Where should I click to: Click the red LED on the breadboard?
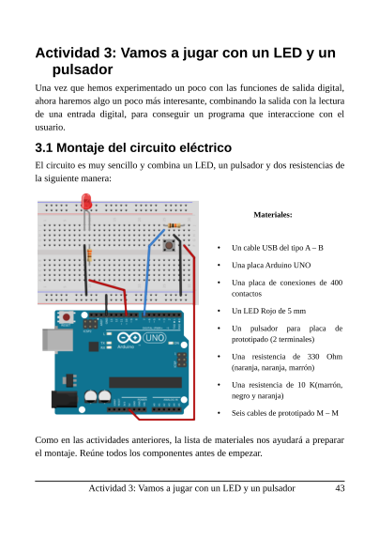(85, 204)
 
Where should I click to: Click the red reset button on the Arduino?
(66, 319)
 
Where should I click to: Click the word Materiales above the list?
(273, 215)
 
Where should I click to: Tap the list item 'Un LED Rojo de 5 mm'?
(266, 311)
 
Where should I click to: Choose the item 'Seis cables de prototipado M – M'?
(284, 413)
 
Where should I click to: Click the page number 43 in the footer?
(340, 488)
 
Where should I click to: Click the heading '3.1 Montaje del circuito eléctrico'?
(132, 148)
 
